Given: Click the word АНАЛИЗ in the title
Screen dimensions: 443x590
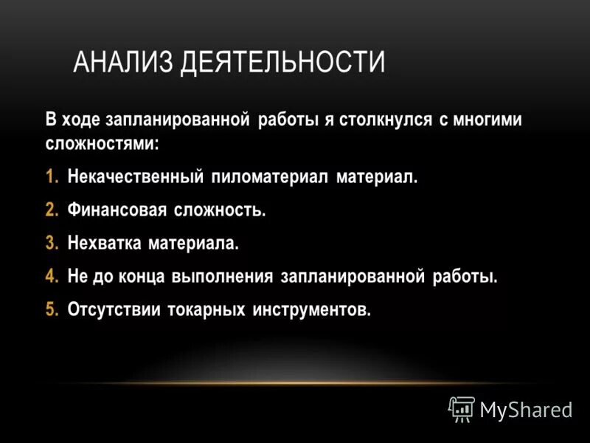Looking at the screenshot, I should (x=122, y=62).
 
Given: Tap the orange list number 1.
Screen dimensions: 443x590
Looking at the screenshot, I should (x=50, y=177).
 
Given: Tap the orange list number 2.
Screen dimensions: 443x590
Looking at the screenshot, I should (x=50, y=210).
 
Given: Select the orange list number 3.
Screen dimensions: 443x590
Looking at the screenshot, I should (x=50, y=243).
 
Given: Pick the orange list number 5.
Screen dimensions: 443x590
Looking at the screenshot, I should (x=50, y=309).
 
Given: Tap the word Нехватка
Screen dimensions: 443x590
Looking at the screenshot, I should (x=103, y=243).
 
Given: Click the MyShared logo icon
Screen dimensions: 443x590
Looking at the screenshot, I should (x=462, y=408).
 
